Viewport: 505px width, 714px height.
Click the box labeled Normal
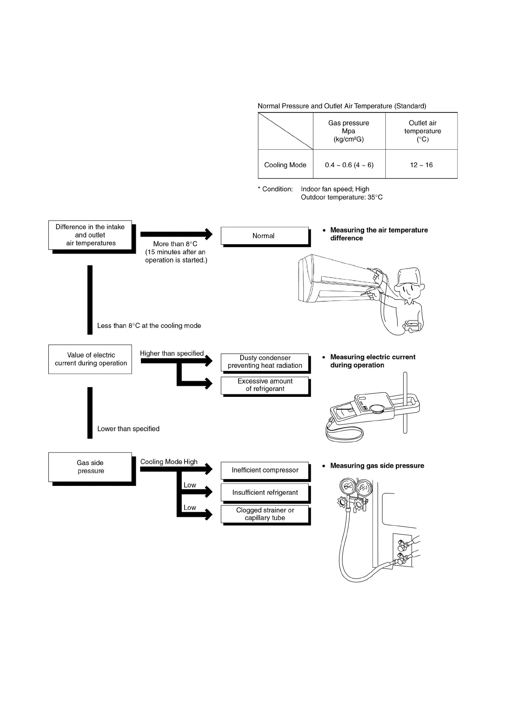(264, 236)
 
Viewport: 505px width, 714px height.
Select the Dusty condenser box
(265, 362)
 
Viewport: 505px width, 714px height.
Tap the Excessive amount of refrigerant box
(265, 385)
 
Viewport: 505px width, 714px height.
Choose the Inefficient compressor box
(265, 470)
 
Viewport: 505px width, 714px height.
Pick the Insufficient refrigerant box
(265, 493)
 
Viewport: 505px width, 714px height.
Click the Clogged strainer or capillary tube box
(265, 514)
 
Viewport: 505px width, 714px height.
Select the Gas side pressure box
(90, 467)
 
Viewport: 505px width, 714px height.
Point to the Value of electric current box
(90, 359)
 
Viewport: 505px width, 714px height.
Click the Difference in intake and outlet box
(90, 235)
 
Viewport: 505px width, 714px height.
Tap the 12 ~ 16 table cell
(421, 165)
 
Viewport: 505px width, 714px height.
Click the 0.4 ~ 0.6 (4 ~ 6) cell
(349, 165)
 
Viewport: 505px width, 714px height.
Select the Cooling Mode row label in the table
(285, 165)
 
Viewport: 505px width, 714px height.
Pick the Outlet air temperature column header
(422, 131)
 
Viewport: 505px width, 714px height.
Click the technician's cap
(409, 276)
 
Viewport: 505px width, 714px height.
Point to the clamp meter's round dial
(376, 409)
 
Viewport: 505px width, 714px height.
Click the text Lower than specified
(128, 429)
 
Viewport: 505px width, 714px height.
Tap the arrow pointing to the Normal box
(176, 234)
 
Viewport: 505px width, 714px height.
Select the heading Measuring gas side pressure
(377, 466)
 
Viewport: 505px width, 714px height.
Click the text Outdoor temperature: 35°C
(342, 197)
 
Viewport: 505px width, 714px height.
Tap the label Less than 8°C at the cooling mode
(149, 326)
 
